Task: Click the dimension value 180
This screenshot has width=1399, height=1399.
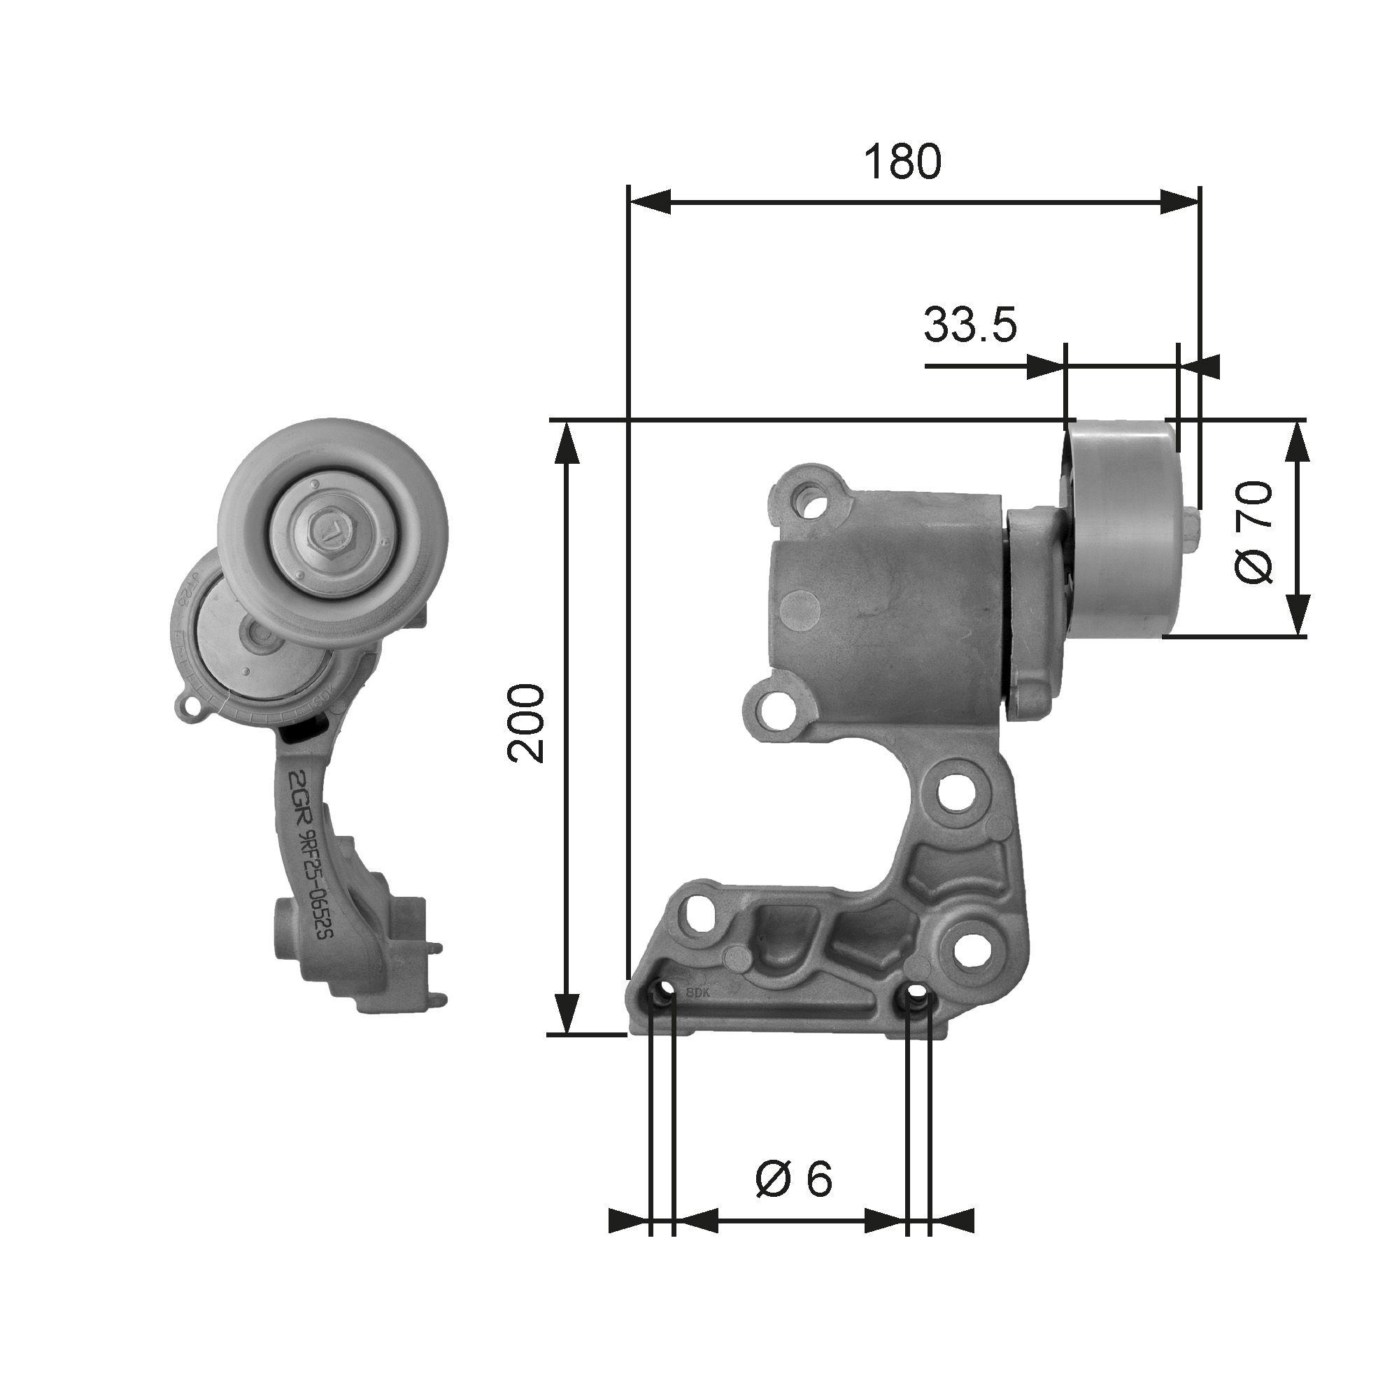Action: pyautogui.click(x=903, y=162)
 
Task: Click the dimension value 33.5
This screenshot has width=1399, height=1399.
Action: pyautogui.click(x=970, y=326)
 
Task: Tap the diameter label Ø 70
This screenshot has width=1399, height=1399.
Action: pyautogui.click(x=1254, y=532)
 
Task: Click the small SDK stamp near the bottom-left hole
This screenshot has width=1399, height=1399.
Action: pyautogui.click(x=695, y=993)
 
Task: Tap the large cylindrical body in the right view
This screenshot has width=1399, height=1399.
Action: pyautogui.click(x=883, y=623)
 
